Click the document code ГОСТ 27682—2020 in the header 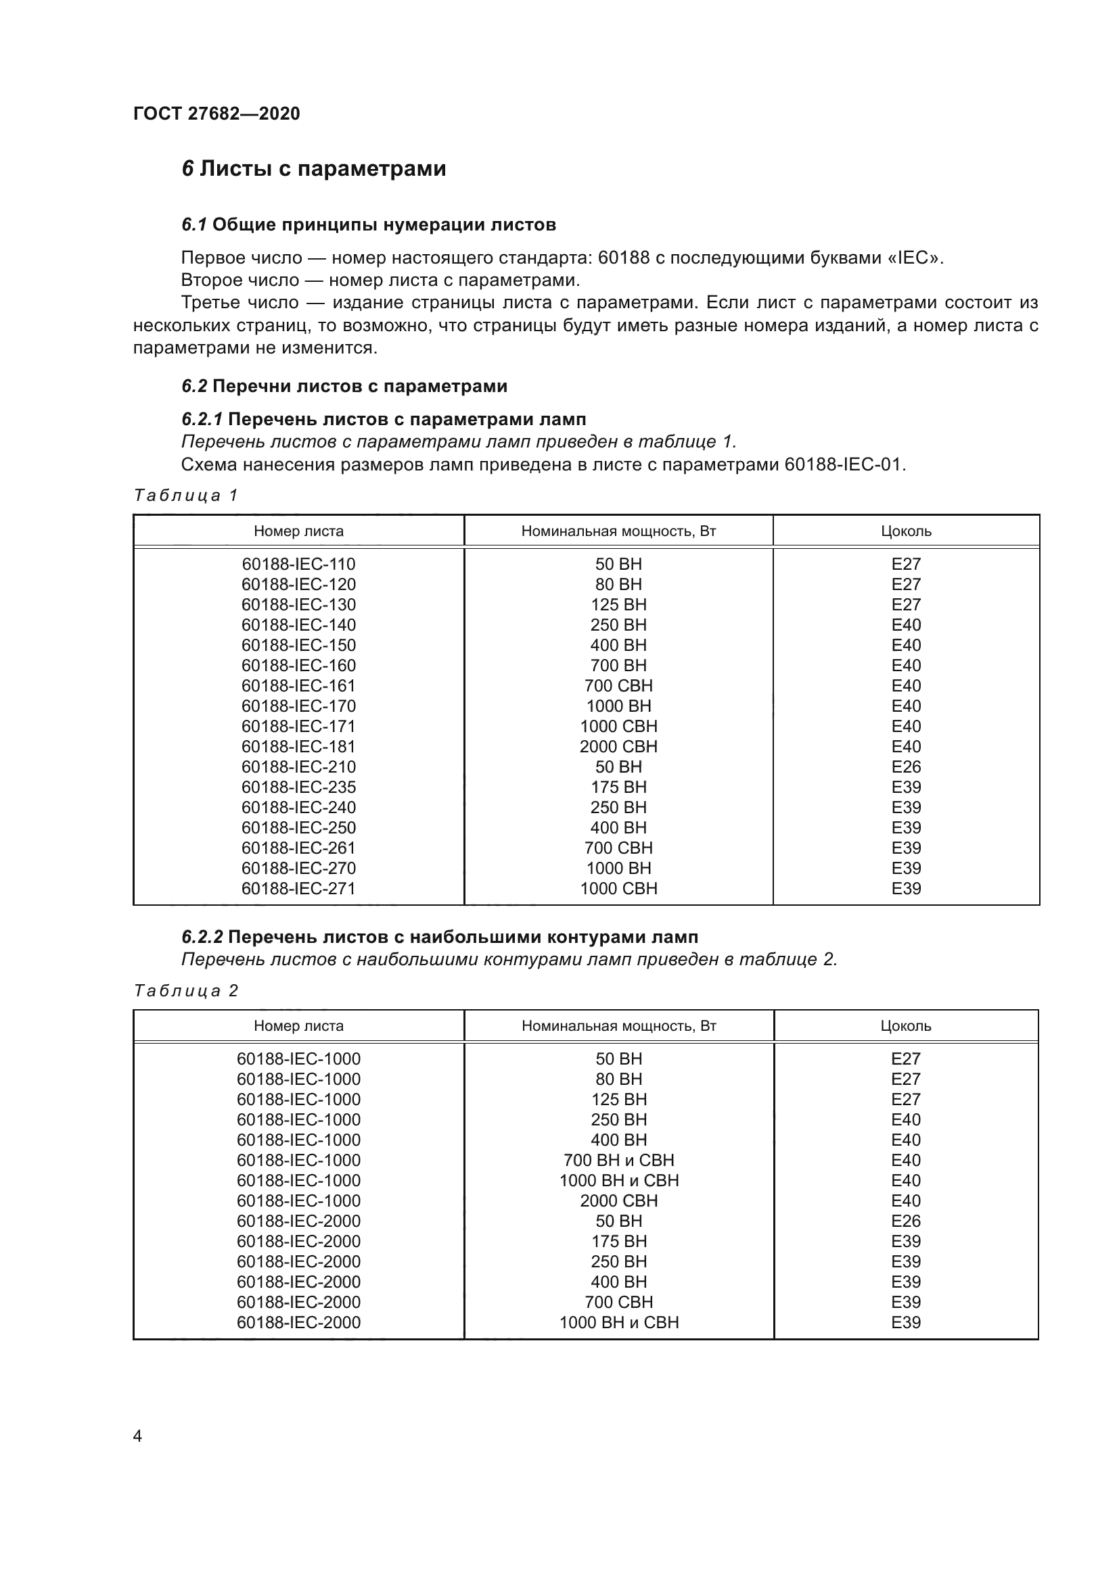[x=216, y=114]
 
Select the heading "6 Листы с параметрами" [x=313, y=169]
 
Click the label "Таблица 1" [x=185, y=495]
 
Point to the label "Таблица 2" [x=185, y=991]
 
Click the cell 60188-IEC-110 [x=298, y=564]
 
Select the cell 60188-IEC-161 [x=298, y=686]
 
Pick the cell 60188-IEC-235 [x=298, y=787]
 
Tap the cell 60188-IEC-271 [x=298, y=888]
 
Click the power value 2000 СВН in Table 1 [x=618, y=746]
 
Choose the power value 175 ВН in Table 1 [x=618, y=787]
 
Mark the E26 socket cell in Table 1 [x=905, y=767]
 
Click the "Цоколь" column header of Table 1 [x=905, y=531]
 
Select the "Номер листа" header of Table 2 [x=298, y=1026]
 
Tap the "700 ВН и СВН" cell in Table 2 [x=618, y=1161]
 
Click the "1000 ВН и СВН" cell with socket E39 [x=618, y=1322]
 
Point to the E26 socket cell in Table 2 [x=905, y=1221]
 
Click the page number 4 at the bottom [x=137, y=1436]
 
